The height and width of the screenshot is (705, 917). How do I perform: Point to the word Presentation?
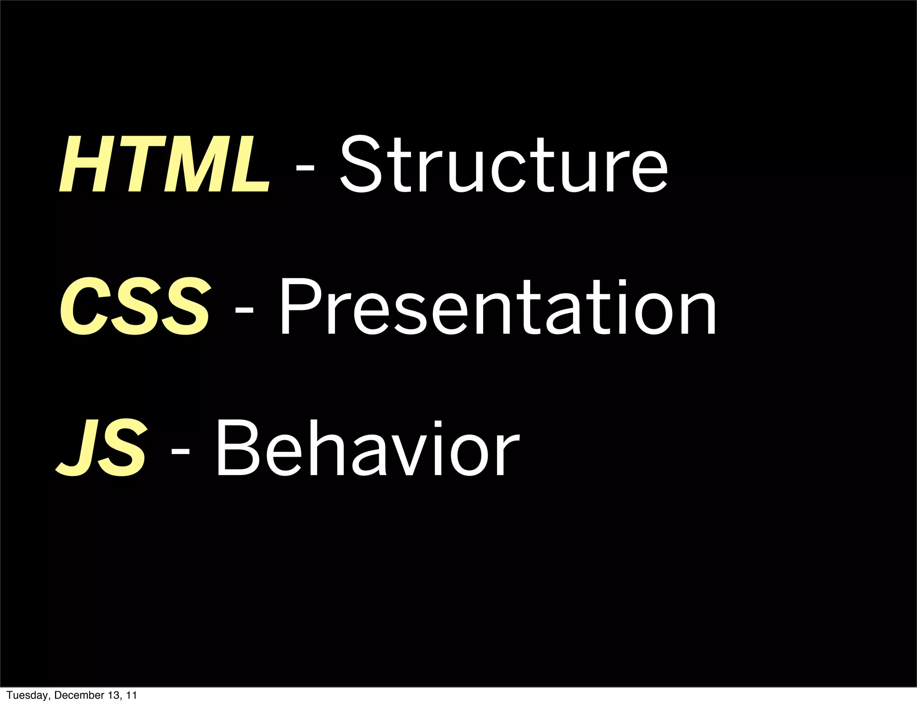(x=498, y=307)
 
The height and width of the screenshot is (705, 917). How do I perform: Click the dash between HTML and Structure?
(x=305, y=167)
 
